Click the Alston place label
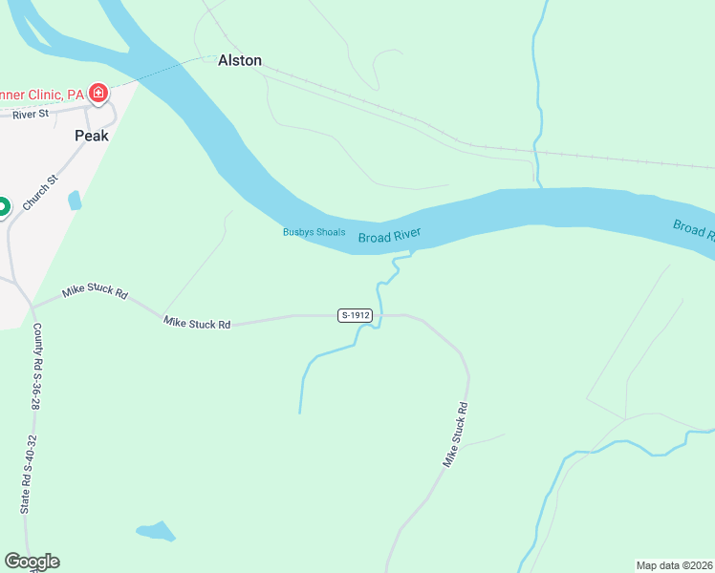pyautogui.click(x=239, y=60)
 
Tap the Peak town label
pyautogui.click(x=92, y=136)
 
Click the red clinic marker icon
pyautogui.click(x=97, y=94)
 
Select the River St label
pyautogui.click(x=30, y=115)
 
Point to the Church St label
pyautogui.click(x=40, y=192)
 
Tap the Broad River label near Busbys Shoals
pyautogui.click(x=389, y=236)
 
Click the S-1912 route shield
pyautogui.click(x=354, y=315)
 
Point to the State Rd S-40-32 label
pyautogui.click(x=29, y=475)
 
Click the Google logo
pyautogui.click(x=32, y=562)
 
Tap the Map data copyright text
pyautogui.click(x=675, y=565)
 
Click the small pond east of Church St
pyautogui.click(x=75, y=201)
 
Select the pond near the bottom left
pyautogui.click(x=156, y=531)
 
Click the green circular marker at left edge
pyautogui.click(x=2, y=206)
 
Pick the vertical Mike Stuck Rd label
pyautogui.click(x=455, y=435)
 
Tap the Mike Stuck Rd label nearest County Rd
pyautogui.click(x=95, y=291)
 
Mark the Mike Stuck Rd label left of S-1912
pyautogui.click(x=197, y=324)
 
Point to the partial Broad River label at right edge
pyautogui.click(x=694, y=229)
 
